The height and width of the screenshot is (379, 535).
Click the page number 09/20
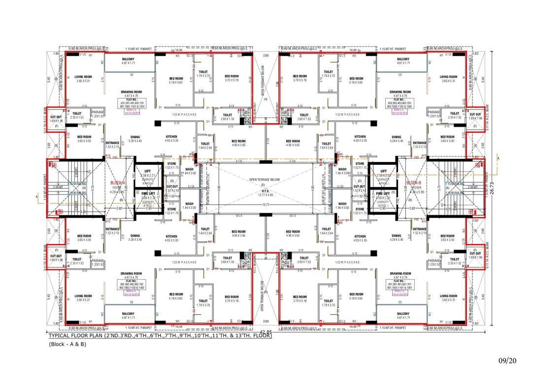tap(507, 361)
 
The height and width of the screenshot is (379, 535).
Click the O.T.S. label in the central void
tap(266, 191)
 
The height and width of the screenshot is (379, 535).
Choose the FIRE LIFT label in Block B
tap(383, 193)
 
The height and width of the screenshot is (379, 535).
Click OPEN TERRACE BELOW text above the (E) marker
tap(266, 180)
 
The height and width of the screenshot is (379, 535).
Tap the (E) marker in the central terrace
tap(266, 184)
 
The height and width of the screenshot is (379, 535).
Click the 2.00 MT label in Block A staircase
tap(58, 187)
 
